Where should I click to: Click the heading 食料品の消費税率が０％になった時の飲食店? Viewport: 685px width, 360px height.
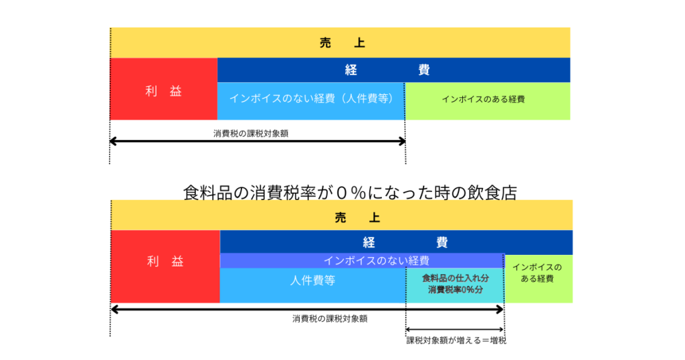click(350, 193)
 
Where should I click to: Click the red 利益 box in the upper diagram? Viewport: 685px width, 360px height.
click(164, 91)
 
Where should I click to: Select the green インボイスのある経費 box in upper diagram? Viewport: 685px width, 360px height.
click(488, 100)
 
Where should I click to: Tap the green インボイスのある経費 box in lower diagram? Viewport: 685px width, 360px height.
click(538, 278)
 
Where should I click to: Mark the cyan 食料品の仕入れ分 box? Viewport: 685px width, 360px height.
click(455, 277)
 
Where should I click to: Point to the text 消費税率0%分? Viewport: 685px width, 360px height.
click(455, 290)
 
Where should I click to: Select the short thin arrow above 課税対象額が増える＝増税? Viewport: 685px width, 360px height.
click(455, 330)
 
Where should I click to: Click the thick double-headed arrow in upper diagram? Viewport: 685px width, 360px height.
click(258, 141)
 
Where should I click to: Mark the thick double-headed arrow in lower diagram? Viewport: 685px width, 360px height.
click(307, 309)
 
